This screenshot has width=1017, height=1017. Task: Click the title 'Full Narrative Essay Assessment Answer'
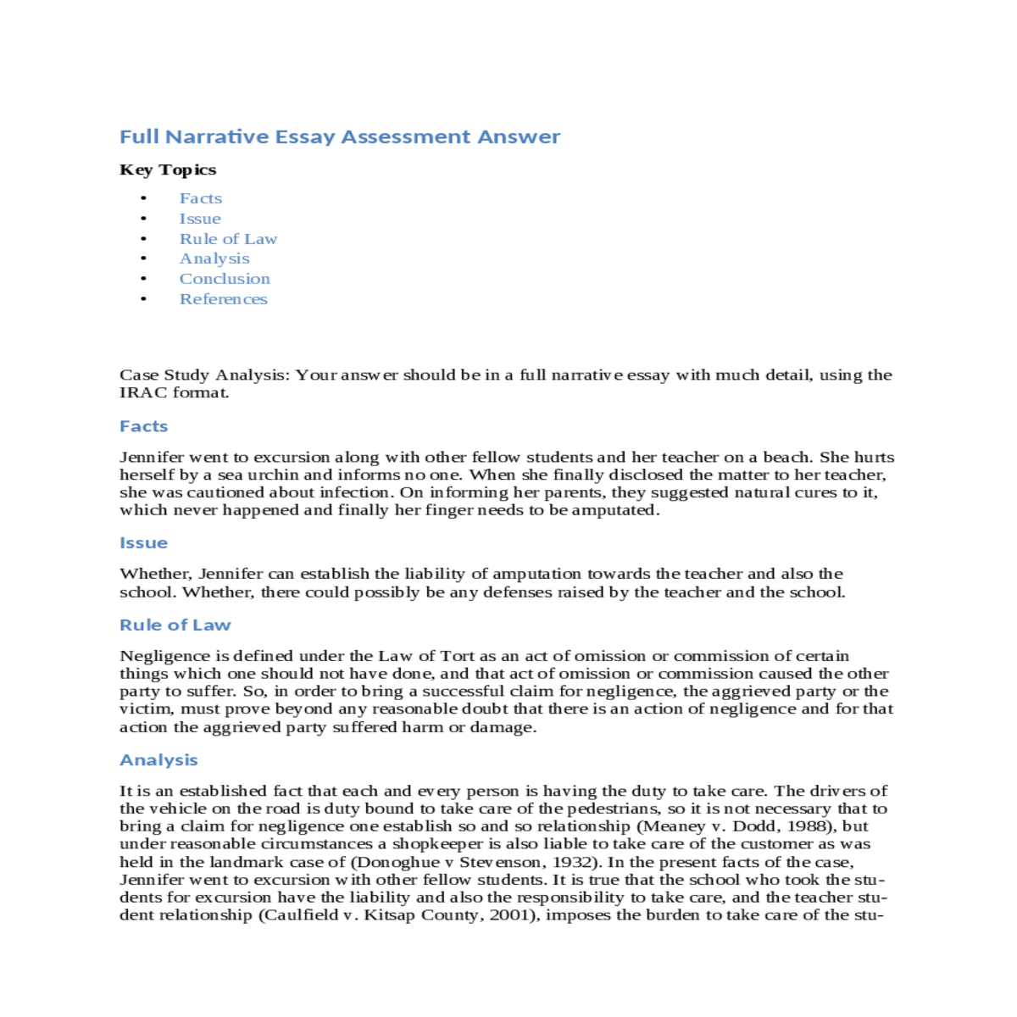pos(339,136)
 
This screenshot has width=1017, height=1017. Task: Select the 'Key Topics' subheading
pos(168,169)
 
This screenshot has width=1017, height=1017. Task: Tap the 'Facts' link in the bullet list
pos(201,198)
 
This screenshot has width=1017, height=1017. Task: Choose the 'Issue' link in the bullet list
pos(200,219)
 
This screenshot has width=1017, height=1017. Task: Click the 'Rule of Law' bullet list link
pos(228,239)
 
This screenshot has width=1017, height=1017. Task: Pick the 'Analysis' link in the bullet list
pos(214,258)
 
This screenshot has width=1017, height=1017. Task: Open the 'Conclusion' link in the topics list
pos(225,279)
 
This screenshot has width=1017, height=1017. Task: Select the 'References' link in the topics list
pos(223,299)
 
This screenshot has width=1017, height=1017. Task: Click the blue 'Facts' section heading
pos(143,426)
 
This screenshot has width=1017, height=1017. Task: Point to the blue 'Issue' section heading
pos(143,543)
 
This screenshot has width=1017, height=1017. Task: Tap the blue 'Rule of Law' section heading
pos(175,625)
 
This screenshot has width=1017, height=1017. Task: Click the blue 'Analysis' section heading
pos(158,760)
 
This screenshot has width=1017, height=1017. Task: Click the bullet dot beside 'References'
pos(144,299)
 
